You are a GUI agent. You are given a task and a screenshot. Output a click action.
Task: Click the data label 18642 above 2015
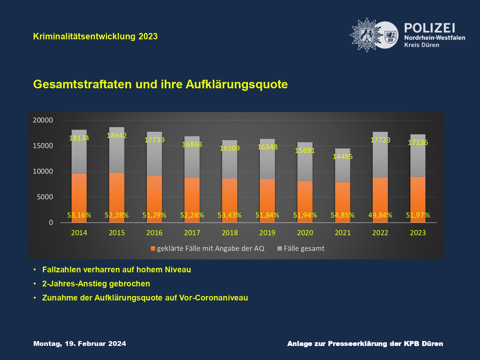click(x=117, y=135)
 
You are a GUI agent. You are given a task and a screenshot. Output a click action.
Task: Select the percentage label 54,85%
click(x=342, y=215)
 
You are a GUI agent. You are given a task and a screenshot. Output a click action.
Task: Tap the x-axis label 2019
click(x=267, y=233)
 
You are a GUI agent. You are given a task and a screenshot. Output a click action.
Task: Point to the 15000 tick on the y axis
click(x=43, y=146)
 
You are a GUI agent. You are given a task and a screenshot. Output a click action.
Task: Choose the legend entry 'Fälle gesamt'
click(x=304, y=249)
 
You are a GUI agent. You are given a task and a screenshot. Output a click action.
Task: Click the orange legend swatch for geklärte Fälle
click(x=153, y=249)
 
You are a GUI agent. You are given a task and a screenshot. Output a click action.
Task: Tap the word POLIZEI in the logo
click(x=429, y=28)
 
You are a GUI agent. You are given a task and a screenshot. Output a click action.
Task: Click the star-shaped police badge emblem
click(x=366, y=35)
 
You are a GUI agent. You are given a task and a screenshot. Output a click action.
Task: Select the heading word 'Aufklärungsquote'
click(x=236, y=84)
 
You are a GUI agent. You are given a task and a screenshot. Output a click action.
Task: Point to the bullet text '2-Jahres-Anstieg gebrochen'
click(x=96, y=284)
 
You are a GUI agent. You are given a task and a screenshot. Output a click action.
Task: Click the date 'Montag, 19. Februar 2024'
click(x=80, y=344)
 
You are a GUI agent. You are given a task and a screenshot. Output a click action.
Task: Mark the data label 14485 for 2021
click(x=342, y=156)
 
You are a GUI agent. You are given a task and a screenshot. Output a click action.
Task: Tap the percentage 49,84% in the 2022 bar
click(x=380, y=215)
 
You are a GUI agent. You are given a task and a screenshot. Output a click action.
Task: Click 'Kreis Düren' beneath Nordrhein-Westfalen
click(x=421, y=45)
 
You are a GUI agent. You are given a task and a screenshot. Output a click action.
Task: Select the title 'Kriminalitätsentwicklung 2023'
click(x=95, y=36)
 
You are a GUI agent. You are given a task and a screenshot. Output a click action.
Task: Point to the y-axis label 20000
click(x=43, y=120)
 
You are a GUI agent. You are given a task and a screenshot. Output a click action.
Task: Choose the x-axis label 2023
click(x=418, y=233)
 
